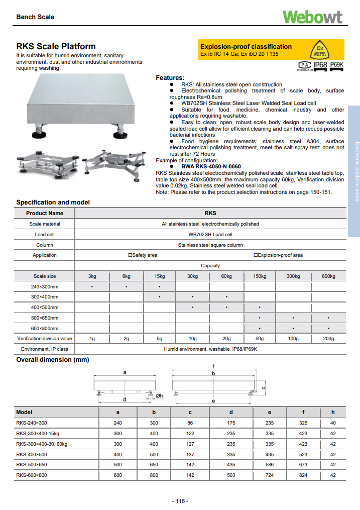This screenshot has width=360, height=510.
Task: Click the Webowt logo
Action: click(x=312, y=17)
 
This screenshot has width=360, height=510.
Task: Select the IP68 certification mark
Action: click(x=320, y=65)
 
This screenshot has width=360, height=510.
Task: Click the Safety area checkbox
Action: click(x=130, y=255)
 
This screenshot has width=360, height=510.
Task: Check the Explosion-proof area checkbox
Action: click(x=256, y=255)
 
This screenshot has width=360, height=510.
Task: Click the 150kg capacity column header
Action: click(x=260, y=276)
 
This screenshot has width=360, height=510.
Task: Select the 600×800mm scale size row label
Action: click(x=45, y=328)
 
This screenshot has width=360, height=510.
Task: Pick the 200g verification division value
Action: click(x=328, y=339)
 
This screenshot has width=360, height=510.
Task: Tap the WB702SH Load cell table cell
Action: click(x=210, y=235)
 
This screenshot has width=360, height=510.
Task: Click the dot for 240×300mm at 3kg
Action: click(x=92, y=287)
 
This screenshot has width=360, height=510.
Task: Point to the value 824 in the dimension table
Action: click(x=303, y=475)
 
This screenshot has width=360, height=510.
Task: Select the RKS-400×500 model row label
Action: click(x=32, y=454)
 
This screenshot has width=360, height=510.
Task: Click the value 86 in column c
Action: click(x=190, y=423)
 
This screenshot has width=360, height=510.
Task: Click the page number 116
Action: click(x=180, y=501)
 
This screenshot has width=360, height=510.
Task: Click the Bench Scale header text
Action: click(x=35, y=17)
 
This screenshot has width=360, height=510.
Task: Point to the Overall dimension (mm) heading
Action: click(x=52, y=360)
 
